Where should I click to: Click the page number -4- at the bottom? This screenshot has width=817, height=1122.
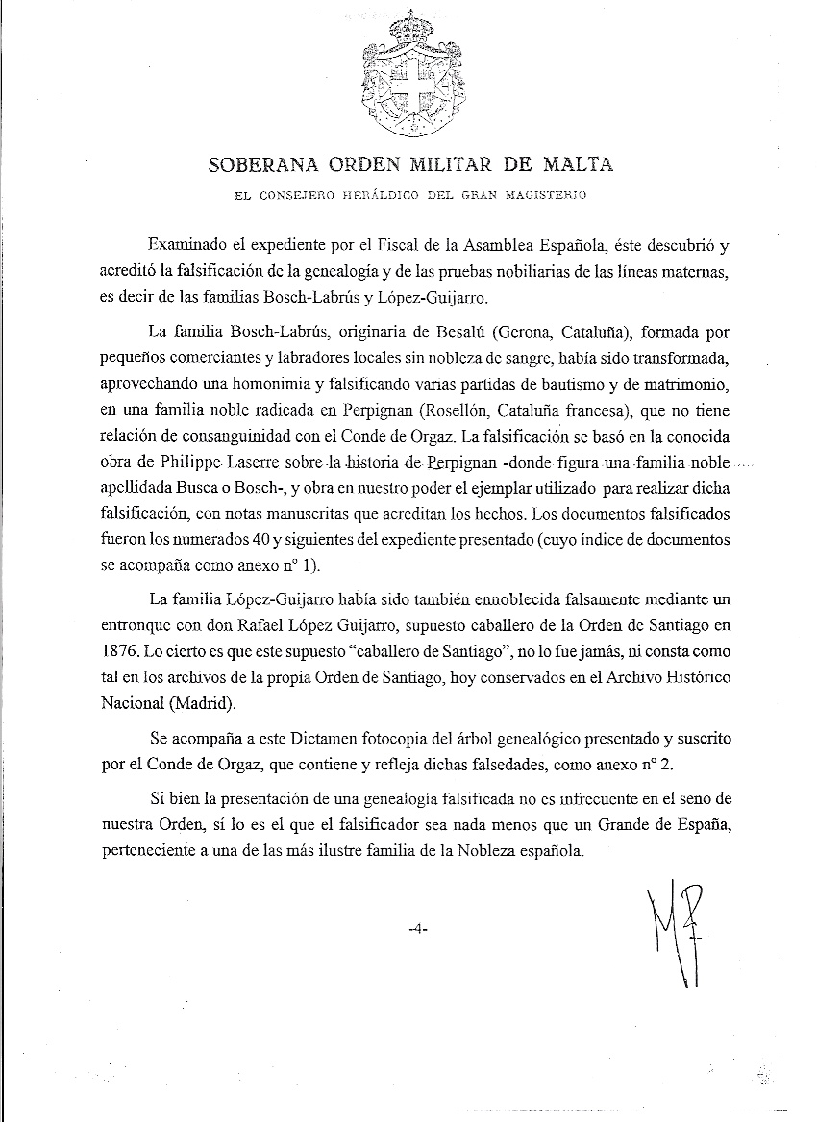point(416,929)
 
